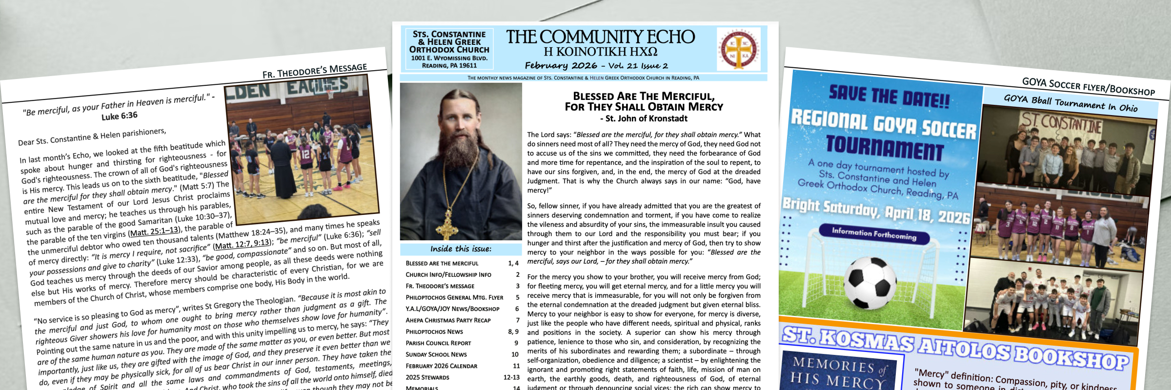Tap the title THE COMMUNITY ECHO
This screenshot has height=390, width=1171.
pyautogui.click(x=600, y=37)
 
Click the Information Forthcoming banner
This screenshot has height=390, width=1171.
pyautogui.click(x=874, y=234)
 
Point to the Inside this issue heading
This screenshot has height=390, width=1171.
pyautogui.click(x=461, y=249)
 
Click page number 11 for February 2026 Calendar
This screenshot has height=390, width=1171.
pyautogui.click(x=516, y=366)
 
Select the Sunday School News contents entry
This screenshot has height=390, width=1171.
pyautogui.click(x=436, y=354)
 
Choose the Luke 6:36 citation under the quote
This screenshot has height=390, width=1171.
pyautogui.click(x=120, y=116)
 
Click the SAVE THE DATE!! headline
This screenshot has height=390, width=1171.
pyautogui.click(x=889, y=97)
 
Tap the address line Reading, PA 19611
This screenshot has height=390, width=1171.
pyautogui.click(x=449, y=65)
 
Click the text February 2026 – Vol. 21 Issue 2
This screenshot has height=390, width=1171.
pyautogui.click(x=596, y=65)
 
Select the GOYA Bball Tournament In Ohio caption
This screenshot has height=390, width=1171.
pyautogui.click(x=1070, y=103)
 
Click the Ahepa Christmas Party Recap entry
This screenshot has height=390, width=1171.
pyautogui.click(x=448, y=320)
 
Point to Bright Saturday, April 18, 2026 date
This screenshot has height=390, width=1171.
pyautogui.click(x=876, y=211)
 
